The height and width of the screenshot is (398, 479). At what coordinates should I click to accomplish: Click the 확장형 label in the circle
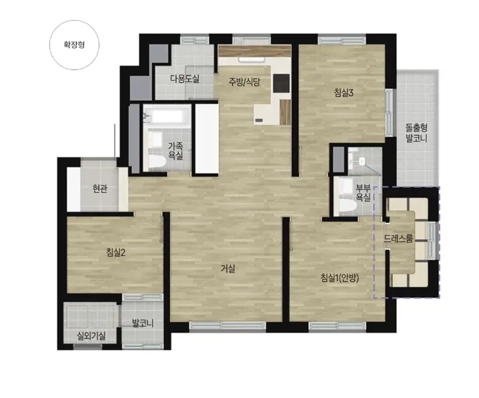pos(74,45)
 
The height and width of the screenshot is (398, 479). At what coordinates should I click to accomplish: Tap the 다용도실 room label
pos(185,79)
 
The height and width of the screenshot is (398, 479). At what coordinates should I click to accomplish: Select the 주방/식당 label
pos(244,81)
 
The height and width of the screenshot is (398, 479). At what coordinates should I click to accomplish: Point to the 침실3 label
pos(344,93)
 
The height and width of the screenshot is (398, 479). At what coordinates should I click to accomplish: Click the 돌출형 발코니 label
pos(416,133)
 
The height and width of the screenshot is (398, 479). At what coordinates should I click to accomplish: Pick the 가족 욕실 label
pos(175,151)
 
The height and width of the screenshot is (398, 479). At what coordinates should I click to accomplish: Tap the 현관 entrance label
pos(100,189)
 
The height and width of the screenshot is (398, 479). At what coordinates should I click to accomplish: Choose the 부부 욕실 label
pos(363,192)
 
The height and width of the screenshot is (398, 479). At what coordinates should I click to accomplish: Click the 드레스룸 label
pos(398,238)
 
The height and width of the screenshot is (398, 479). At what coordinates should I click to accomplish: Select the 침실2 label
pos(116,252)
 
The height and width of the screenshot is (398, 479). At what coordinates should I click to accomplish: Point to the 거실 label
pos(228,268)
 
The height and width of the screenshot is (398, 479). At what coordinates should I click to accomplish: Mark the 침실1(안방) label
pos(340,278)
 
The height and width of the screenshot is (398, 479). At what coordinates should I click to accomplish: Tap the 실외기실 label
pos(91,337)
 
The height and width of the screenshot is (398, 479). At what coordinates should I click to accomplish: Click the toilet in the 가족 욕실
pos(156,162)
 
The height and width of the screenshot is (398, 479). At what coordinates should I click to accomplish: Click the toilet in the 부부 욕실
pos(348,206)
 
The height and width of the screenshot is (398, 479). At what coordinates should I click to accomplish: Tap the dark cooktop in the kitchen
pos(281,83)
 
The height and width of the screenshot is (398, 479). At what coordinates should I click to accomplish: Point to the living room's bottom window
pos(227,326)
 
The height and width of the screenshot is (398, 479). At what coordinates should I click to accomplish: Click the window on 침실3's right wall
pos(389,112)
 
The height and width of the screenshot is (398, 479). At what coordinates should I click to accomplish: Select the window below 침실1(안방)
pos(338,326)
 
